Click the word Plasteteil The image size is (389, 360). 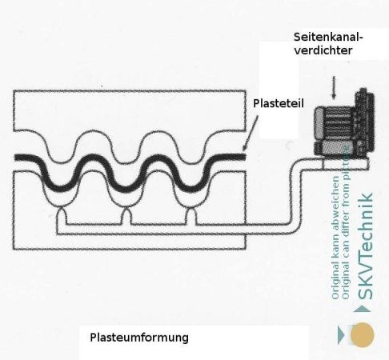[279, 103]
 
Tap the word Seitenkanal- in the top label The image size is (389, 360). [328, 37]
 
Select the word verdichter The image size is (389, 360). [323, 50]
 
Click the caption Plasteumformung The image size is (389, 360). [139, 338]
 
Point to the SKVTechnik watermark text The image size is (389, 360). [365, 246]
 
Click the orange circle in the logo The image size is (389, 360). [362, 334]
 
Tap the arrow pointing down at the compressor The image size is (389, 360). [334, 87]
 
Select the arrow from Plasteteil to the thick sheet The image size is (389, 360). [251, 133]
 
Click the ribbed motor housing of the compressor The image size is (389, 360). [335, 122]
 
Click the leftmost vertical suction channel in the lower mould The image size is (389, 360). [62, 216]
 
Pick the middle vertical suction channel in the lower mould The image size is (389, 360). [126, 216]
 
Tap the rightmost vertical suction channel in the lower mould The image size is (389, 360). [191, 216]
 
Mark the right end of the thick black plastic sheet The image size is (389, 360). [244, 157]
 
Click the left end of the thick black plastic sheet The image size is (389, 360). [15, 158]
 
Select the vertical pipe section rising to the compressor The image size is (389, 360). [296, 194]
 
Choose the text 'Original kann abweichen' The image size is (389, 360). [335, 238]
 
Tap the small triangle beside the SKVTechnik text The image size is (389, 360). [362, 309]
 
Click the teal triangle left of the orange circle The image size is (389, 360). [341, 334]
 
